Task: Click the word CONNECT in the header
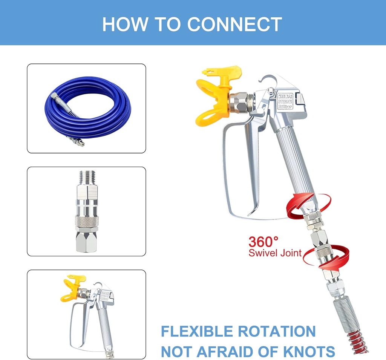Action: point(234,24)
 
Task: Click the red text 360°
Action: point(263,241)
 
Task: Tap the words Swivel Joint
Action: point(275,253)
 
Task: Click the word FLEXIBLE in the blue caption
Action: point(197,332)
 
